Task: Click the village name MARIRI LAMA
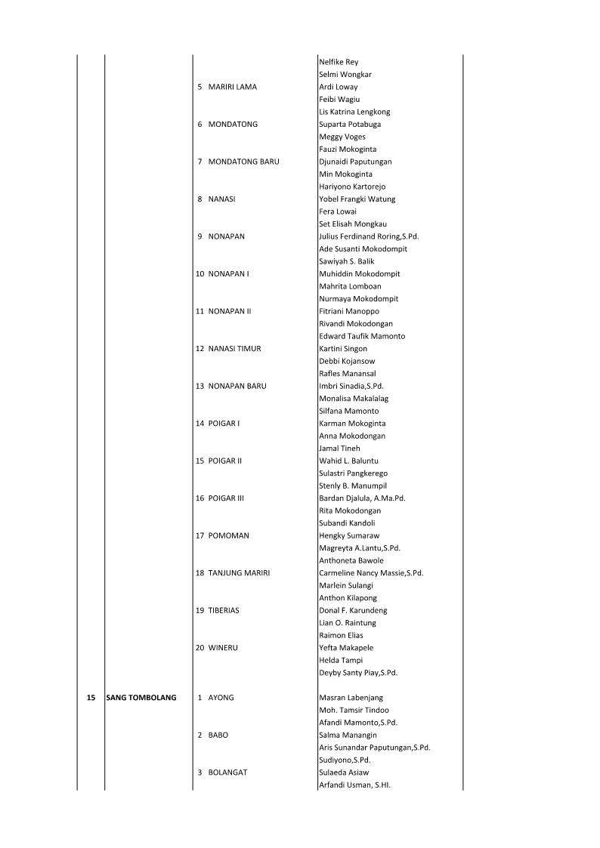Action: point(232,87)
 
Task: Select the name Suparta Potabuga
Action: point(350,125)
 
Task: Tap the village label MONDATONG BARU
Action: point(243,162)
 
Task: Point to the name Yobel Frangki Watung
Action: point(357,199)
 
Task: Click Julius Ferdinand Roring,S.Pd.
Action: point(369,236)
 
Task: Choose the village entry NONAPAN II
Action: point(230,311)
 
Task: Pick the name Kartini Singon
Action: point(343,349)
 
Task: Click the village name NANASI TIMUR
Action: point(234,349)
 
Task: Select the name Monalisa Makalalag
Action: point(354,399)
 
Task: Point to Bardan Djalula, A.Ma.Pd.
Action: point(362,498)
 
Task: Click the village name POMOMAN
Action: point(228,535)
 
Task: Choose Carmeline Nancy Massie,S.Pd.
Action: point(371,573)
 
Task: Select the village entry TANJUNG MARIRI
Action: point(239,573)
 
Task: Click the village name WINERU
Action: point(223,648)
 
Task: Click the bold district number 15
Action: point(91,698)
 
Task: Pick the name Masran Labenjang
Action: point(352,698)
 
